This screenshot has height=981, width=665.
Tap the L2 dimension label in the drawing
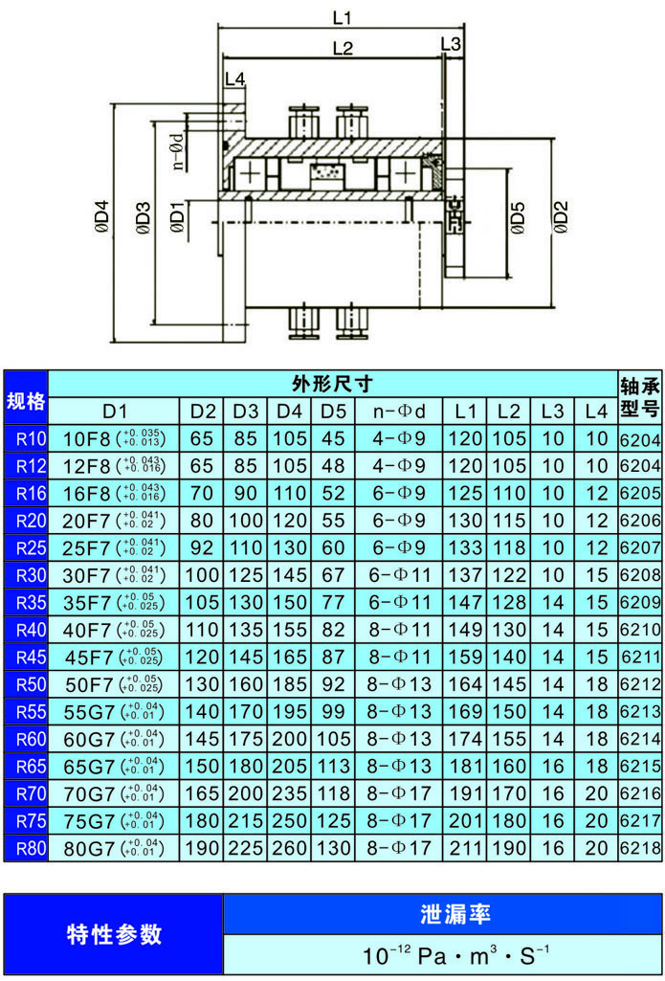(343, 48)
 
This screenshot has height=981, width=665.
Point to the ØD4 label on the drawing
(102, 222)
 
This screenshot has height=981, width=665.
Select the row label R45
(26, 658)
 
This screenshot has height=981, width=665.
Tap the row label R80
(26, 848)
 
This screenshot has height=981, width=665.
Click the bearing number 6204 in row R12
(640, 466)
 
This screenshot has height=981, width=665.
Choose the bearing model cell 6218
(640, 848)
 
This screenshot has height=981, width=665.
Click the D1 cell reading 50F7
(115, 685)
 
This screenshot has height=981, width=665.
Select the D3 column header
(245, 412)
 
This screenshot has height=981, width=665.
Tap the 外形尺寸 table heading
(332, 385)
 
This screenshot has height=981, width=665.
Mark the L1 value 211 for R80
(466, 848)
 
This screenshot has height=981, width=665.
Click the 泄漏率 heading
(442, 914)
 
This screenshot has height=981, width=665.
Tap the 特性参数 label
(114, 934)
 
